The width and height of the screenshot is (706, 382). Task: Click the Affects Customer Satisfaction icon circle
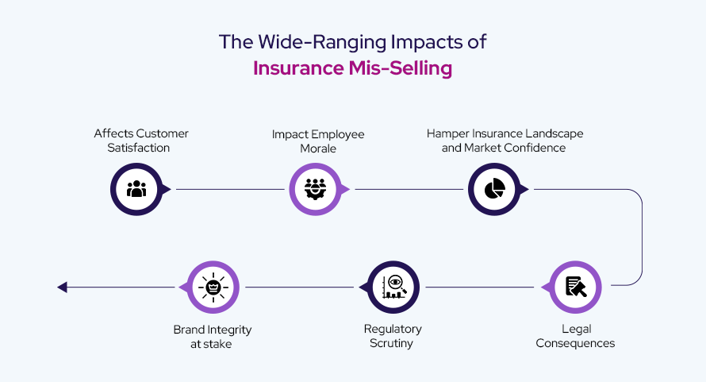pos(136,189)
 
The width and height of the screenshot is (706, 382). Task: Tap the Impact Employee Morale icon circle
pos(316,189)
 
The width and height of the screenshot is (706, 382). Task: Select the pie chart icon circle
pos(494,189)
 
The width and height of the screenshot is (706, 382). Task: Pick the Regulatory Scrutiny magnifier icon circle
pos(394,287)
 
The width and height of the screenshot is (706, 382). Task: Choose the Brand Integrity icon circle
pos(213,287)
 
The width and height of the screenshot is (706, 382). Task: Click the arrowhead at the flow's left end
pos(62,287)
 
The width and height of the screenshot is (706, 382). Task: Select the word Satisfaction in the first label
pos(141,148)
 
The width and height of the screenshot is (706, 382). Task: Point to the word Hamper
pos(448,133)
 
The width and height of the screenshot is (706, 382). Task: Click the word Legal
pos(575,329)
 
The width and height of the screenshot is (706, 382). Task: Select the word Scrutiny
pos(393,343)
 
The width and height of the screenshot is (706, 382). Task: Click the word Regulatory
pos(393,329)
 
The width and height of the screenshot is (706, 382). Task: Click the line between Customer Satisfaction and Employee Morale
pos(230,189)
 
